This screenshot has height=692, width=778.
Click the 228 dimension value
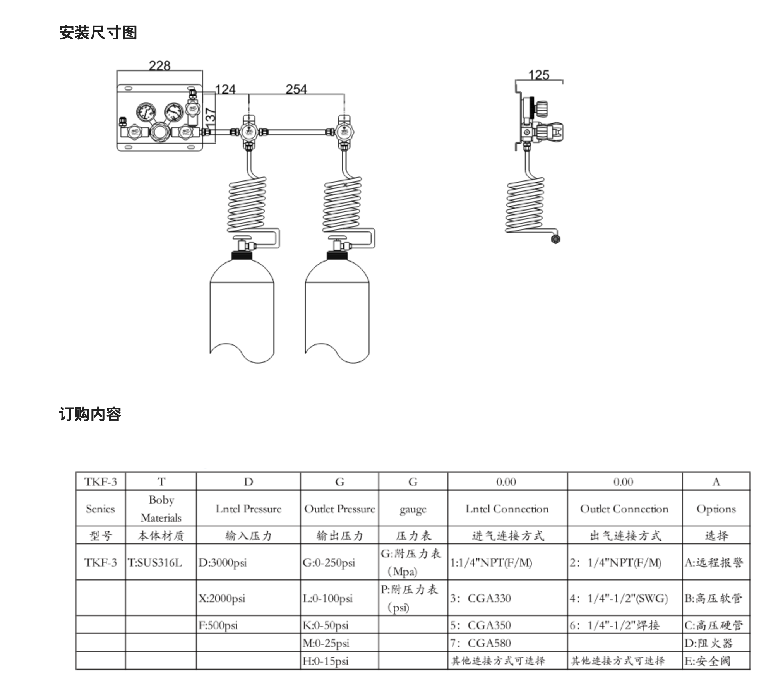click(159, 65)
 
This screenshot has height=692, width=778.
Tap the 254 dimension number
click(296, 89)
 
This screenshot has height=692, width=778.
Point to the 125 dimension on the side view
click(539, 75)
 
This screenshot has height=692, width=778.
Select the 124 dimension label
click(225, 89)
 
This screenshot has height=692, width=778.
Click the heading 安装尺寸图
click(98, 33)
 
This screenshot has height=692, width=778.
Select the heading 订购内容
click(90, 414)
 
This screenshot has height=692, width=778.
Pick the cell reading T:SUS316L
click(155, 562)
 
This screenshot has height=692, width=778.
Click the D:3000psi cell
click(223, 562)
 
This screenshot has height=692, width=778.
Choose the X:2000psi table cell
click(222, 598)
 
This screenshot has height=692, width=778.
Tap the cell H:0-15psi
click(326, 661)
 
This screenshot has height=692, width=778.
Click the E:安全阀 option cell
click(708, 661)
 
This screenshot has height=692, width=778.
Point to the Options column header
click(716, 509)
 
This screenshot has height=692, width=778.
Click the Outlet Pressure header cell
click(339, 509)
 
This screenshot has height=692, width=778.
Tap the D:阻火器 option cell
click(708, 643)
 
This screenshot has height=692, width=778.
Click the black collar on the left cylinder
click(242, 255)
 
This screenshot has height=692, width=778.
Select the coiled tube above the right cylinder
click(343, 203)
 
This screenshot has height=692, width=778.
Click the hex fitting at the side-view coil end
click(555, 239)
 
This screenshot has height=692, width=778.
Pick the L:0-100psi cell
click(327, 598)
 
